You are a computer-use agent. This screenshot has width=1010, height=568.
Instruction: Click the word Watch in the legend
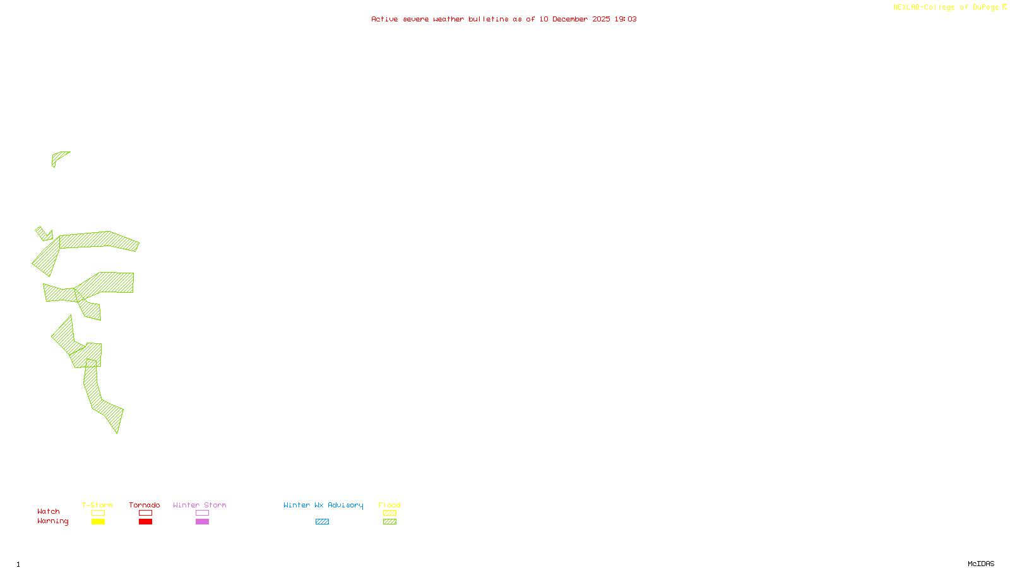(49, 512)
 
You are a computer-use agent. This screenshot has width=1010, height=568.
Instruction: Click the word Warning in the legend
(53, 521)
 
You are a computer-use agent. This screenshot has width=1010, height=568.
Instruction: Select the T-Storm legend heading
(97, 505)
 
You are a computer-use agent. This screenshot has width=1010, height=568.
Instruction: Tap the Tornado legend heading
(145, 505)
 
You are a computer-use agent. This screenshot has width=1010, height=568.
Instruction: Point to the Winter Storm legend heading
(199, 505)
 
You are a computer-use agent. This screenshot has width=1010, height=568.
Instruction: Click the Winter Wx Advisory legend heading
(323, 505)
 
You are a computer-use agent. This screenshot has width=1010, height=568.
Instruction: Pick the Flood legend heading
(389, 505)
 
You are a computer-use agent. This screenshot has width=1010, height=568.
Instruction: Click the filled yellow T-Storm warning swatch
(98, 522)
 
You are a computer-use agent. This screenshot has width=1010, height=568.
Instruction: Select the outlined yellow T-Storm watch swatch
(98, 513)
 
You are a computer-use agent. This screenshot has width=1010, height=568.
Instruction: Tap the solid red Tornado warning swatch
(145, 522)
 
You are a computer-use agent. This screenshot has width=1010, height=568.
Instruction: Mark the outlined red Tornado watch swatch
(145, 513)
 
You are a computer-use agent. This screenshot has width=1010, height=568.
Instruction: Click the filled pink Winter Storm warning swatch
(202, 522)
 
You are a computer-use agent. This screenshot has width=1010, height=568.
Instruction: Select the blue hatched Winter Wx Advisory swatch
(322, 522)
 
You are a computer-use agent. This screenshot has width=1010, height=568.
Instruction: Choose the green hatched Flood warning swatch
(389, 522)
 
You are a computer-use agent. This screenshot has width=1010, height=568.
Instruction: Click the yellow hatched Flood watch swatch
(389, 513)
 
